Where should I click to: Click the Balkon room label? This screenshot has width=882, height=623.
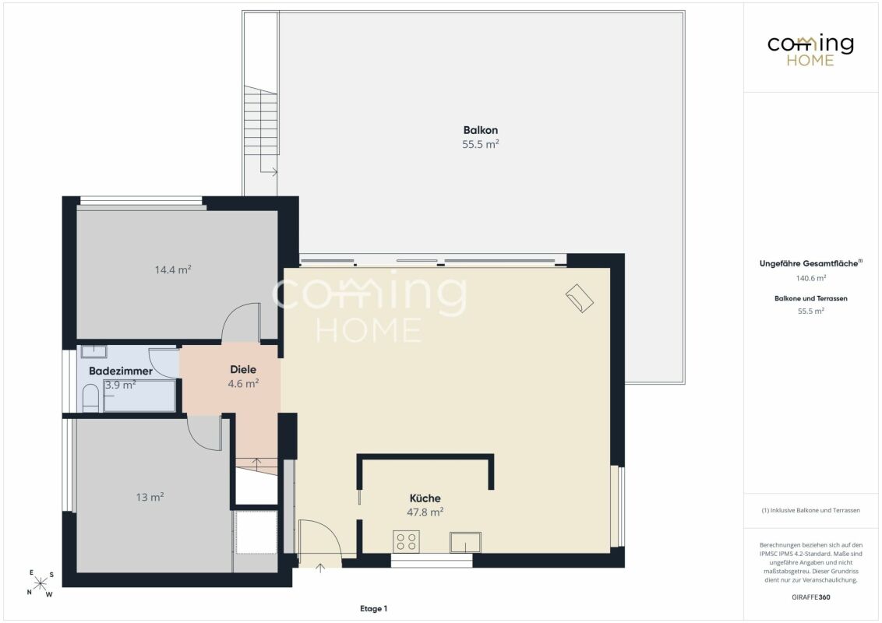point(481,131)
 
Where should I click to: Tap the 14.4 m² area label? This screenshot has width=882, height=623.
point(173,269)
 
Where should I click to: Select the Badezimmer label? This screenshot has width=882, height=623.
point(120,371)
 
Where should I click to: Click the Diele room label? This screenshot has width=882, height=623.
point(243,369)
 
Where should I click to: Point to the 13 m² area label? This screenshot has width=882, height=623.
point(150,497)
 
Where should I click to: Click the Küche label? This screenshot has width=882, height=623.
point(425,498)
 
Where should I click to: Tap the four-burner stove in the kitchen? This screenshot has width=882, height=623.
point(406,541)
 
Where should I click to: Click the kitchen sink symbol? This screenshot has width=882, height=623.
point(465,543)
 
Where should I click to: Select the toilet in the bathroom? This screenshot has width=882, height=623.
point(90,397)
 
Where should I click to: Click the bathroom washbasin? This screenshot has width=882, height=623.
point(94,352)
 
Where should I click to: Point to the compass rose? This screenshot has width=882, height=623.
point(41,583)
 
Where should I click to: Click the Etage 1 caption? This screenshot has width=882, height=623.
point(373,608)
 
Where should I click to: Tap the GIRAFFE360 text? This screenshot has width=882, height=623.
point(810,597)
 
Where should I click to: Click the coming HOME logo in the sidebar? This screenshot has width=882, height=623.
point(810,50)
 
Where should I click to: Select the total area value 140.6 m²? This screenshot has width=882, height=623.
point(810,278)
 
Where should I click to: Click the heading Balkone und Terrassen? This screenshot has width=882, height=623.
point(810,298)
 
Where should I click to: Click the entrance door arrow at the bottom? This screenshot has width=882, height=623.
point(320,568)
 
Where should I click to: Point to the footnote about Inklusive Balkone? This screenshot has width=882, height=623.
point(810,511)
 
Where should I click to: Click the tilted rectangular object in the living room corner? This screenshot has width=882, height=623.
point(580,298)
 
